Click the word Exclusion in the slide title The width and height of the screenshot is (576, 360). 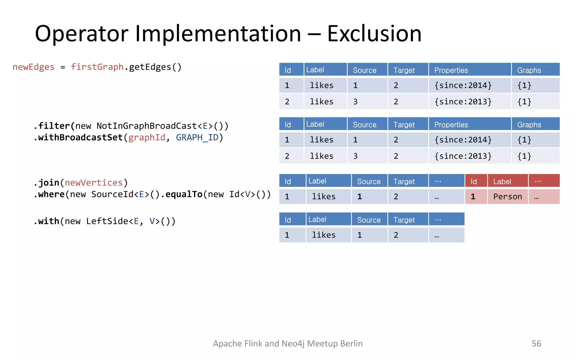(x=374, y=34)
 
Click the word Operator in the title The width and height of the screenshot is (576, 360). (x=82, y=34)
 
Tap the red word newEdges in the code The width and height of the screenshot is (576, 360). (x=33, y=67)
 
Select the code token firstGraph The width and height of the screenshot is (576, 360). (x=97, y=67)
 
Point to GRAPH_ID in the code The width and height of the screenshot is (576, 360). (x=197, y=138)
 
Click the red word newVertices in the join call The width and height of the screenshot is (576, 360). (x=94, y=183)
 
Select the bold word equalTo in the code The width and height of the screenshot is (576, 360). (x=184, y=194)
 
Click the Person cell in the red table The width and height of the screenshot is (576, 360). (x=507, y=197)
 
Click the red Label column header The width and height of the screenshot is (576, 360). (x=502, y=181)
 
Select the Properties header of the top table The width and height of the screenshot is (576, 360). (x=451, y=70)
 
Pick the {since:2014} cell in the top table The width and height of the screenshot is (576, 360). (x=463, y=85)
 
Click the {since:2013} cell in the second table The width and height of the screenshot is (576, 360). (x=463, y=156)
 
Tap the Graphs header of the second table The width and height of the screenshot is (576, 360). (x=529, y=125)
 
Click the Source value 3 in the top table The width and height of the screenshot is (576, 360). (x=355, y=102)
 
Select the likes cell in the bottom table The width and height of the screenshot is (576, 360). (x=324, y=235)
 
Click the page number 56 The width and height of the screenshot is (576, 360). (x=536, y=343)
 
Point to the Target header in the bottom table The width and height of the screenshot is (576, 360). (x=404, y=220)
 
